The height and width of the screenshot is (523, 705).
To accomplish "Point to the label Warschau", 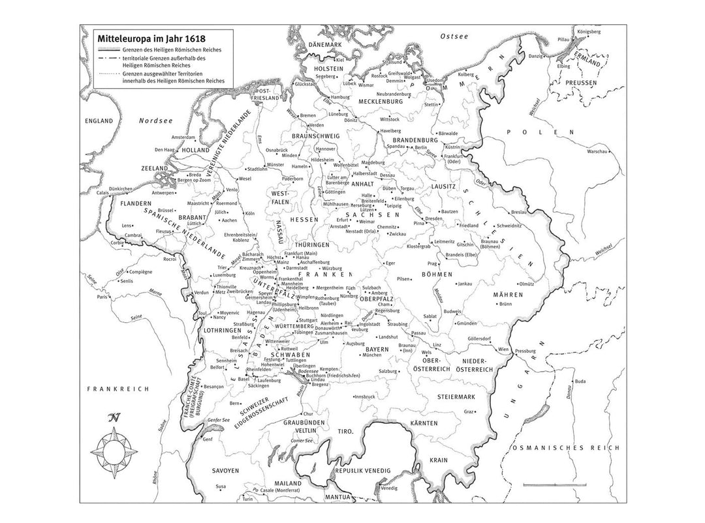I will pos(600,151).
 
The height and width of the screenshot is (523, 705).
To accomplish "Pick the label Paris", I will pos(102,297).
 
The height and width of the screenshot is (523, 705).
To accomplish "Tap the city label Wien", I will pos(503,350).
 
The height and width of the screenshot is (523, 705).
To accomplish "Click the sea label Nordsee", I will pos(155,121).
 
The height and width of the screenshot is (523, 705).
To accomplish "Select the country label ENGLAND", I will pos(99,121).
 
